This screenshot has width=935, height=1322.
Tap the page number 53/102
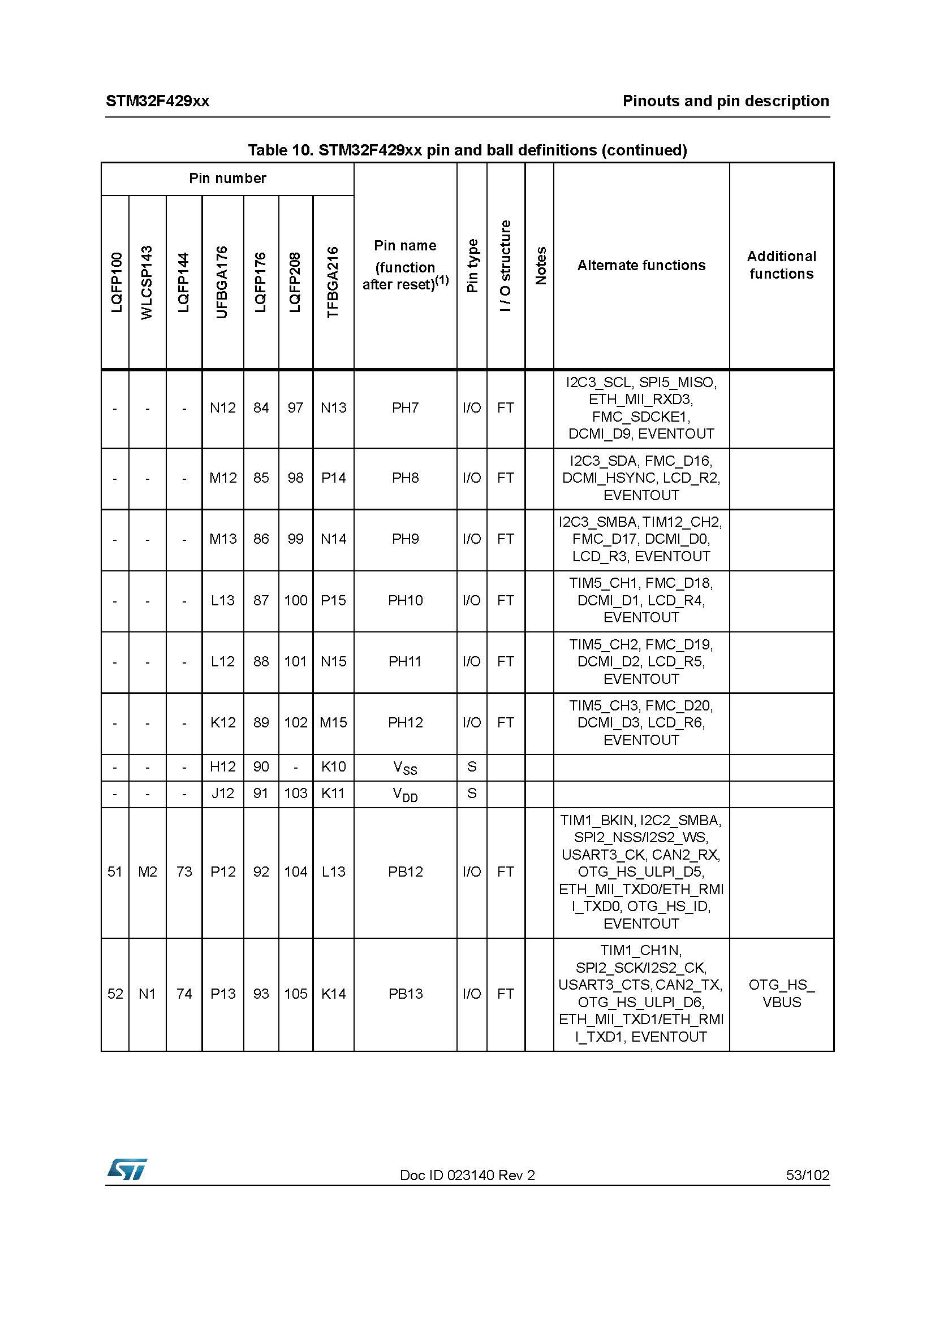pyautogui.click(x=807, y=1174)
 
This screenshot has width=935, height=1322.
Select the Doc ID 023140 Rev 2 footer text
pyautogui.click(x=467, y=1174)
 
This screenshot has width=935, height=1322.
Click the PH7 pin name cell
pyautogui.click(x=405, y=408)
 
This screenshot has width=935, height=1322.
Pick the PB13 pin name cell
pyautogui.click(x=405, y=993)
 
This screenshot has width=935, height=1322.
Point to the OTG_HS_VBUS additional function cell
pyautogui.click(x=781, y=993)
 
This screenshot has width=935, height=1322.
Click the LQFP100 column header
pyautogui.click(x=117, y=282)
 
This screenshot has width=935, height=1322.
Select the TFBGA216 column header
pyautogui.click(x=333, y=282)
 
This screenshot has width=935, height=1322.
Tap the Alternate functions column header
pyautogui.click(x=641, y=266)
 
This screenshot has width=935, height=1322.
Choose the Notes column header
pyautogui.click(x=540, y=266)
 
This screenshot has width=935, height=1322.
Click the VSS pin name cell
pyautogui.click(x=405, y=767)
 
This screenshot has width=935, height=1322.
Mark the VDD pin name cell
pyautogui.click(x=405, y=794)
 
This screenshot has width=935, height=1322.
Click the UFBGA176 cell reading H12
pyautogui.click(x=222, y=767)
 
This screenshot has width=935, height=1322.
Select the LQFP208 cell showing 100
pyautogui.click(x=295, y=601)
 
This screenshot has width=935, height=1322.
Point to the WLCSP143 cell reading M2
pyautogui.click(x=148, y=872)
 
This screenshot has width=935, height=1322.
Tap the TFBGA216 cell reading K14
pyautogui.click(x=333, y=993)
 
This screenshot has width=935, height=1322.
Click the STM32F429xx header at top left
pyautogui.click(x=157, y=101)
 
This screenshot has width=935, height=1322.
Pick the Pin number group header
pyautogui.click(x=227, y=179)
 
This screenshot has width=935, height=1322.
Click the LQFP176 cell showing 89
pyautogui.click(x=261, y=723)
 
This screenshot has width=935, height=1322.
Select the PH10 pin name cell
pyautogui.click(x=405, y=601)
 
